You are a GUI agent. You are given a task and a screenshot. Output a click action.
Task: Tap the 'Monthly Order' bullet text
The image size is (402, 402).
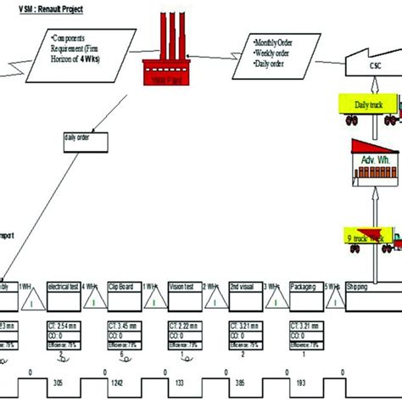[x=276, y=41]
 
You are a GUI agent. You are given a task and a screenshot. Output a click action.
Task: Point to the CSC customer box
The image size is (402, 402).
[x=372, y=67]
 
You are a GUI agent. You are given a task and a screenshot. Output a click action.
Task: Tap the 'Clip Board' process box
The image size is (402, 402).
[x=125, y=288]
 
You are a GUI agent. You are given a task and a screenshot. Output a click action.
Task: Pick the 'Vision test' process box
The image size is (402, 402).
[x=183, y=288]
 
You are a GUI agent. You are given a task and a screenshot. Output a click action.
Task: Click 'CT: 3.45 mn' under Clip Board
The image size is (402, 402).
[x=125, y=326]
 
